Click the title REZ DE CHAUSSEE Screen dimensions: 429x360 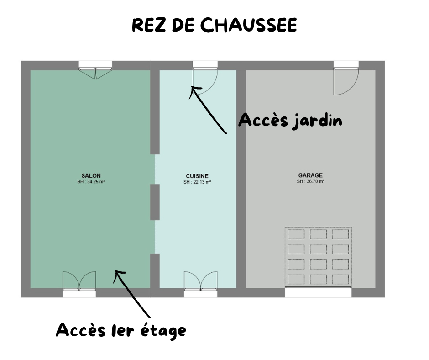point(214,25)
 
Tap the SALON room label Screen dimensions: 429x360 point(91,175)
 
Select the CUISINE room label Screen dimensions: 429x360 point(197,176)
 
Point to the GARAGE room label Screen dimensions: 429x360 point(310,175)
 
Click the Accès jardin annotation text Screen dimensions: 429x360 point(290,121)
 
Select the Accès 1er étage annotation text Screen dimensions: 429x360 point(121,331)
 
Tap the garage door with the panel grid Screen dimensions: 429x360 point(318,257)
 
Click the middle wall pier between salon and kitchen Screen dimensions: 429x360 point(155,202)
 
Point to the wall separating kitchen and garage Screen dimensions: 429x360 point(241,179)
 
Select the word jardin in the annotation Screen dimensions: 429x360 point(317,122)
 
